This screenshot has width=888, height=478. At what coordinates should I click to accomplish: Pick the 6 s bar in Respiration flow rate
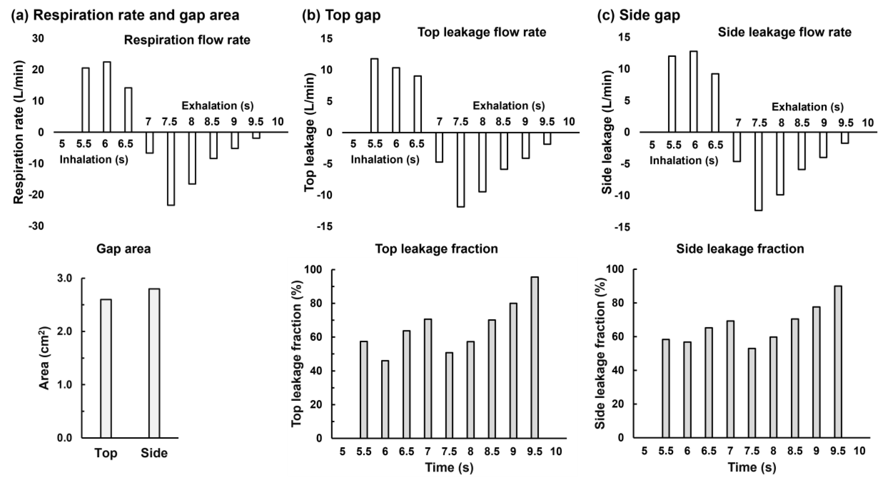pos(107,97)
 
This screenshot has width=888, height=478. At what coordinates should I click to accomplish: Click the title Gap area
pos(123,249)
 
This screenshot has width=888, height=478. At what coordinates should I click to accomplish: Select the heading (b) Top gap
pos(341,15)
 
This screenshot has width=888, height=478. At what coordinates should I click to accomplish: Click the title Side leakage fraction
pos(740,249)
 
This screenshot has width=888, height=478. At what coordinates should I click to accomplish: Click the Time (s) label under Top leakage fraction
pos(449,467)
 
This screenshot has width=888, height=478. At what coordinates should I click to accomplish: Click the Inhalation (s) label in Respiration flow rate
pos(94,159)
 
